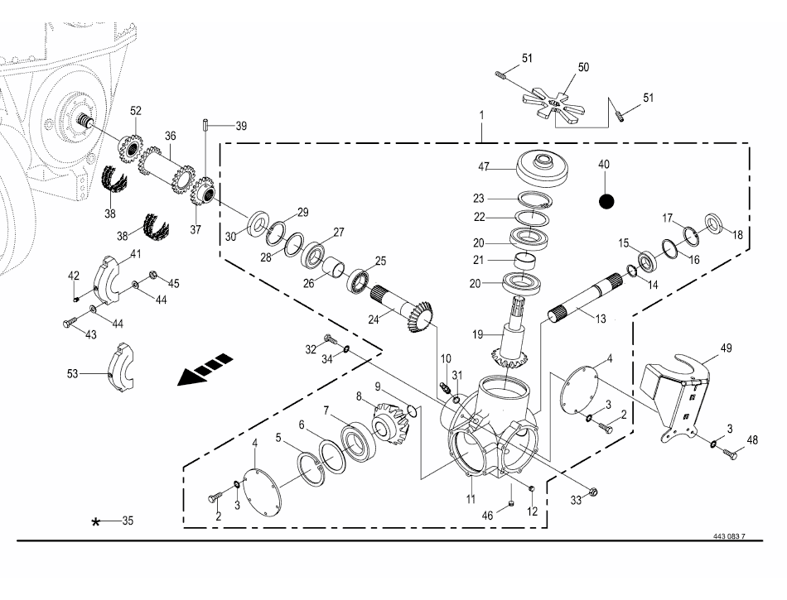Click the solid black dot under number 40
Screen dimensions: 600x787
point(606,201)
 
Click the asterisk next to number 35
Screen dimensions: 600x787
point(97,522)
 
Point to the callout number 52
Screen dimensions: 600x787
point(135,110)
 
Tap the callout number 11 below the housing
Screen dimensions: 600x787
point(471,499)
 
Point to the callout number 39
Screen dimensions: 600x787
point(241,126)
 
